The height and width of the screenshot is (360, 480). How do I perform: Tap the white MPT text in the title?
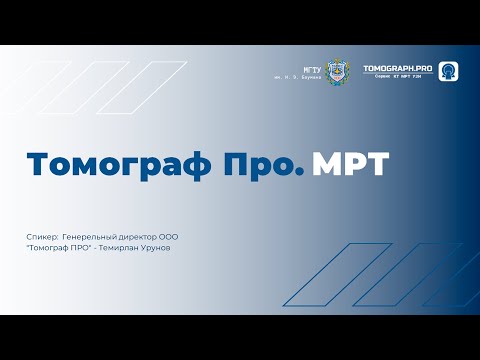(x=350, y=164)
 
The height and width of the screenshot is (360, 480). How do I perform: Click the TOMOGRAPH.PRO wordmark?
(x=399, y=67)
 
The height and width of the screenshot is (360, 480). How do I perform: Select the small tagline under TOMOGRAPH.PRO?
(x=399, y=77)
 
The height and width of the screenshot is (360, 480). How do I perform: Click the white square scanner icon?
(x=448, y=71)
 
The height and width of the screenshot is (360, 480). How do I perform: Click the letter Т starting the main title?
(x=35, y=164)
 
